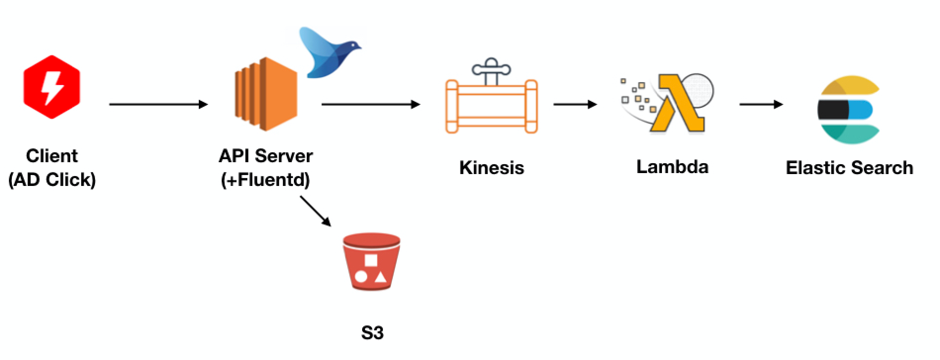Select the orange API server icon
coord(265,94)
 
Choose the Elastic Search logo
coord(847,110)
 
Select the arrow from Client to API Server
coord(158,104)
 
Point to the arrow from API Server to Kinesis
coord(371,104)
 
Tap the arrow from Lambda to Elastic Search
coord(761,104)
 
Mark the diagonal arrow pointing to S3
coord(315,211)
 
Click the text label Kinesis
coord(491,168)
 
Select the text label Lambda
coord(672,166)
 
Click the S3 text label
coord(372,333)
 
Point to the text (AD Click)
coord(52,179)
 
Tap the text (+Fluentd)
coord(265,179)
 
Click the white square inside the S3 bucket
coord(371,260)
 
